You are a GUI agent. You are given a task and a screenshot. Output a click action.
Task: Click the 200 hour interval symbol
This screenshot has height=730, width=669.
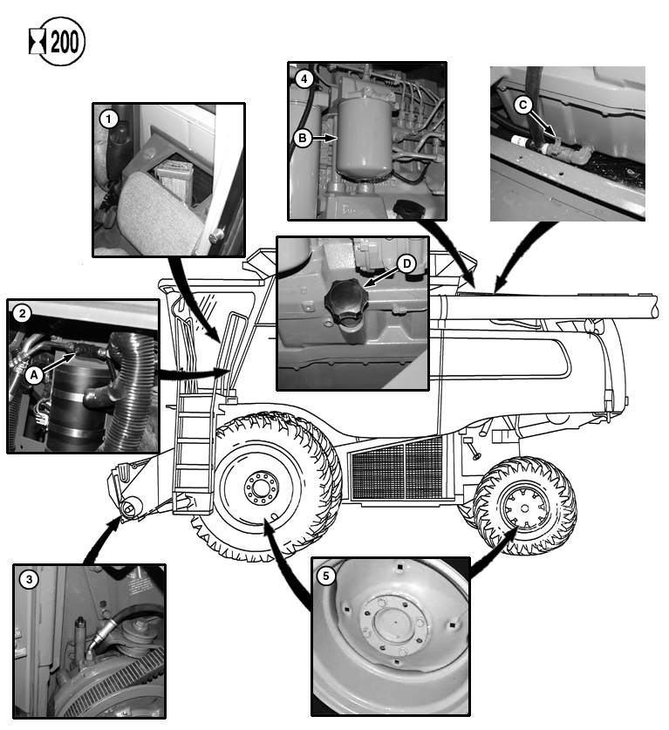pos(58,43)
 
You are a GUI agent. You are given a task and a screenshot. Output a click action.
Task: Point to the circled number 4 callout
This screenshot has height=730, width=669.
pos(303,78)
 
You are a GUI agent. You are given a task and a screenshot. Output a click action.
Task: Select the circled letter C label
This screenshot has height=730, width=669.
pos(523,105)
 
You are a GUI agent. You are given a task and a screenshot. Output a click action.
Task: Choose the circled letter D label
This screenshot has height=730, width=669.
pos(405,263)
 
